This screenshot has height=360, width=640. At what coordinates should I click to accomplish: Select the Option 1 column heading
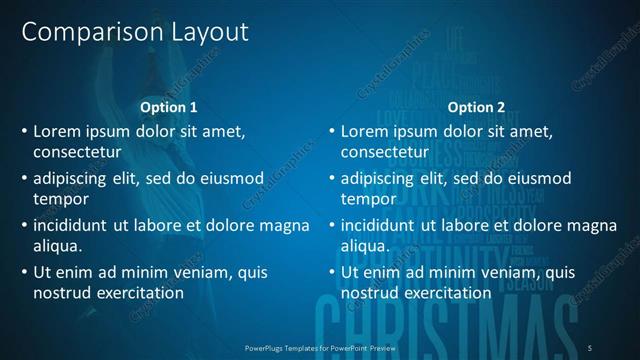[x=169, y=107]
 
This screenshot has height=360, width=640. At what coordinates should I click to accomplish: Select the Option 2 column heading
[x=476, y=107]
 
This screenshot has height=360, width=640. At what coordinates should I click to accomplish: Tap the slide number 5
[x=590, y=347]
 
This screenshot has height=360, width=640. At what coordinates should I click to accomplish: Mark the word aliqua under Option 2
[x=365, y=246]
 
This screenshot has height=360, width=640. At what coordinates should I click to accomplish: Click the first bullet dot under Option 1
[x=23, y=132]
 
